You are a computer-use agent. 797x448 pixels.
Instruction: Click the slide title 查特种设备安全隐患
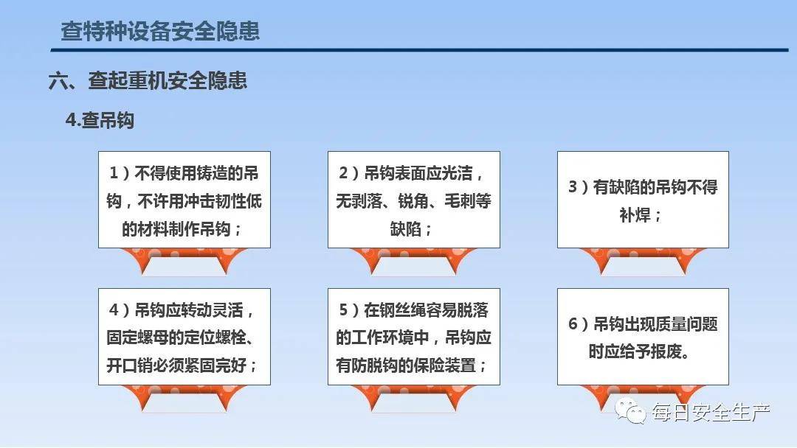(160, 31)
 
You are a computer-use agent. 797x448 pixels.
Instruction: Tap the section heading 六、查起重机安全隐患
(148, 80)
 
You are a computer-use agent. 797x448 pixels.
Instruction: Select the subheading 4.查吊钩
(100, 120)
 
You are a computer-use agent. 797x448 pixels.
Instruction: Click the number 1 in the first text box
(114, 173)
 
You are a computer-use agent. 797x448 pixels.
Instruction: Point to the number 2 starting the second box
(344, 173)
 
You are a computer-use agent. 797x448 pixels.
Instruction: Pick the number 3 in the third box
(573, 186)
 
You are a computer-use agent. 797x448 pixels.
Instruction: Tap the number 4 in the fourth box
(114, 309)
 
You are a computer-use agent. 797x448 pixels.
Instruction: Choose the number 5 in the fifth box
(344, 309)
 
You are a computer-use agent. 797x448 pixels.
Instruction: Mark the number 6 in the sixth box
(573, 323)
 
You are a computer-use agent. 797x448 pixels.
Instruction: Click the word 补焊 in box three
(635, 215)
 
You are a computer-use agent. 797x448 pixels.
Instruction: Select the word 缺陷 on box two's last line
(406, 229)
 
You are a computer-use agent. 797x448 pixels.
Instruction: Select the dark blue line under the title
(419, 49)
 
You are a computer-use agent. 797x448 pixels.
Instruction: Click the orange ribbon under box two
(414, 260)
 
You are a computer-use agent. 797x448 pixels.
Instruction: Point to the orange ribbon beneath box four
(184, 397)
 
